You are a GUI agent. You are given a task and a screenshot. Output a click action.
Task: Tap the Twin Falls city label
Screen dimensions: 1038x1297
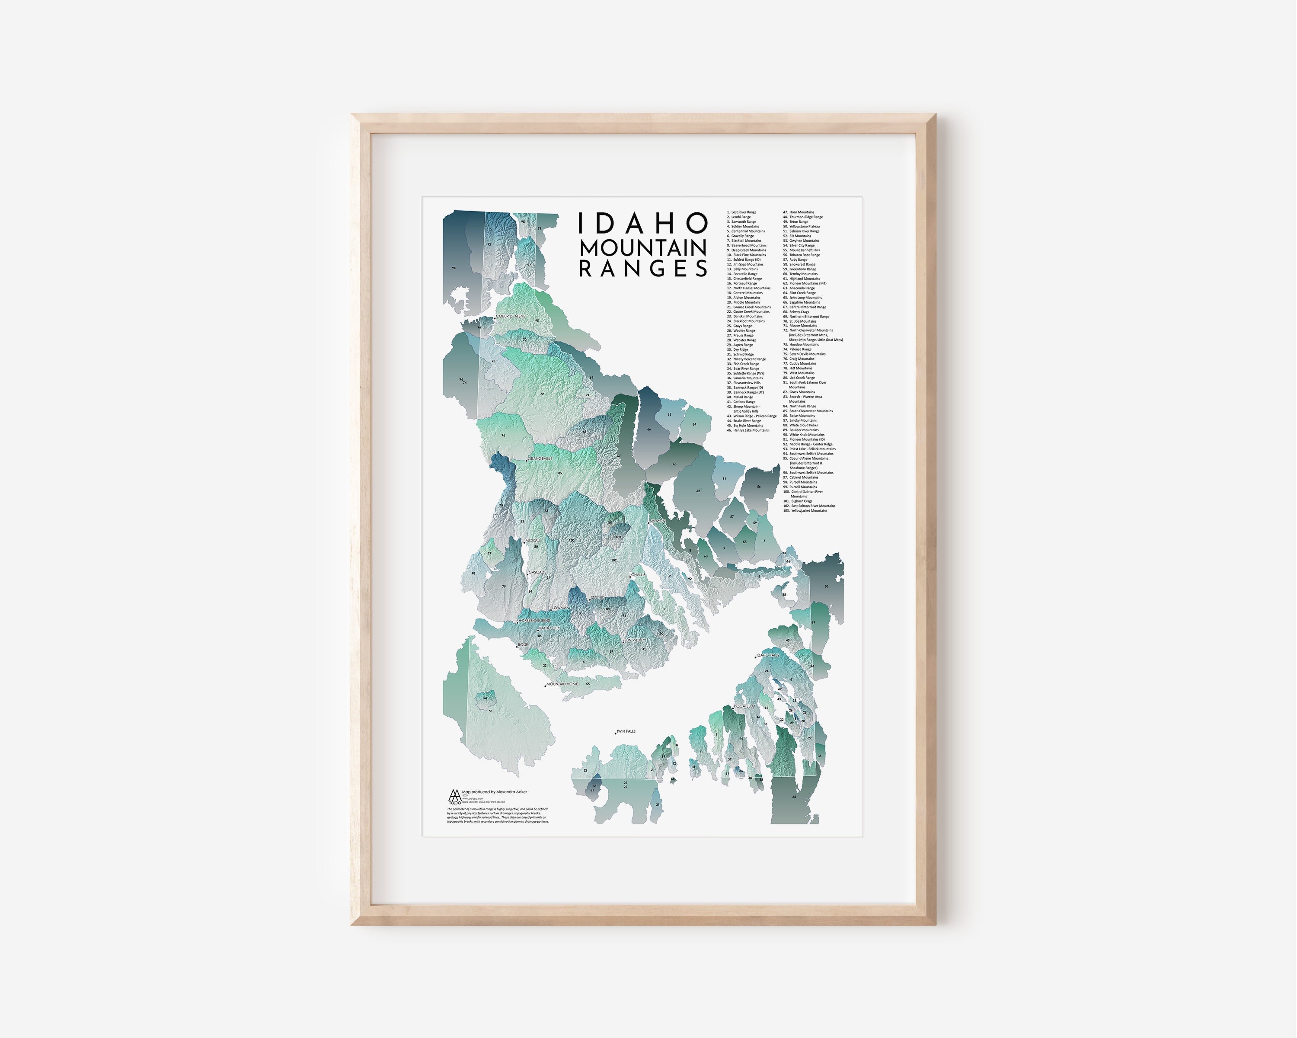point(626,732)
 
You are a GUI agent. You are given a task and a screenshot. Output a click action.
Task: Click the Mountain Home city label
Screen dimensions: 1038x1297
point(562,684)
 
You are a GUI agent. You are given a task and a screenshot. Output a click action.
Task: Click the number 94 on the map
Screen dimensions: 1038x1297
point(454,268)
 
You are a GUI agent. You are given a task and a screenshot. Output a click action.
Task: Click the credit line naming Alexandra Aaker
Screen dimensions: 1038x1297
point(495,792)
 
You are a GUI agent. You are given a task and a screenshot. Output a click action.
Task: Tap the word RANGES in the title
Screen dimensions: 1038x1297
point(642,269)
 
